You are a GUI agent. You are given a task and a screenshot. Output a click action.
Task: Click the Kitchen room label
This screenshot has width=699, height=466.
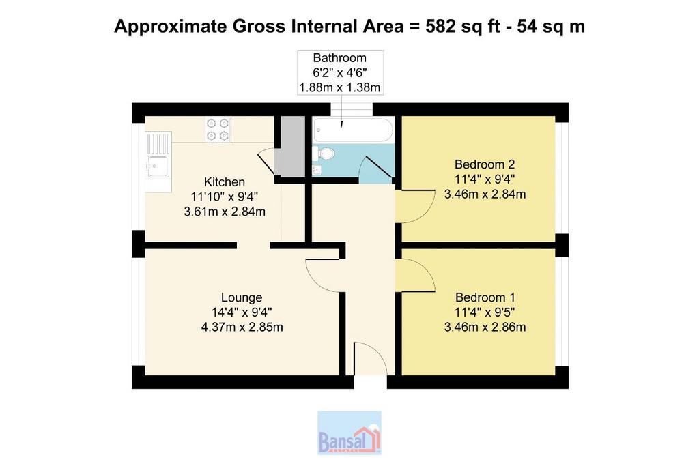point(224,181)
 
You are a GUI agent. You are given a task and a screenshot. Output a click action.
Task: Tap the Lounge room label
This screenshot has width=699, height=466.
point(242,297)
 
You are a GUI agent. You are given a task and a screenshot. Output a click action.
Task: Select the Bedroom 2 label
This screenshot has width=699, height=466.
point(485,164)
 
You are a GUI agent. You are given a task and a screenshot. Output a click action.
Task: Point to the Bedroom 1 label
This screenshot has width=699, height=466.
point(485,297)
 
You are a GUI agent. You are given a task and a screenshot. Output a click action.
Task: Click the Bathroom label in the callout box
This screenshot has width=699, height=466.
point(340,58)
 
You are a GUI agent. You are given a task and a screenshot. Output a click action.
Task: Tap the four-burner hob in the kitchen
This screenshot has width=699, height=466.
point(218,129)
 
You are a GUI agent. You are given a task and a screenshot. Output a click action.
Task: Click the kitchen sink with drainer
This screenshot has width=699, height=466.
point(158,155)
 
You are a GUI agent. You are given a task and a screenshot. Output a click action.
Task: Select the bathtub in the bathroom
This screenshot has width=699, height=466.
point(353,129)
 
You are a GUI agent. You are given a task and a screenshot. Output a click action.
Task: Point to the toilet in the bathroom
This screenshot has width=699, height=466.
point(324,154)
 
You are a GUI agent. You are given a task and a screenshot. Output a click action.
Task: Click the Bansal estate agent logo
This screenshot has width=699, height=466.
point(349,433)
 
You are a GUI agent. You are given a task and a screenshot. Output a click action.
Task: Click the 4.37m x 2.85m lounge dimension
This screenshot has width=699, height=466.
point(242,327)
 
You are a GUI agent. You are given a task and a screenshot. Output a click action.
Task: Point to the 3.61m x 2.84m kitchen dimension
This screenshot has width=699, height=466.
point(225,212)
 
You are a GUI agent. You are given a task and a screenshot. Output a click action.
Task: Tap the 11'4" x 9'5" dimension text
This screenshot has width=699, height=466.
point(485,312)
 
